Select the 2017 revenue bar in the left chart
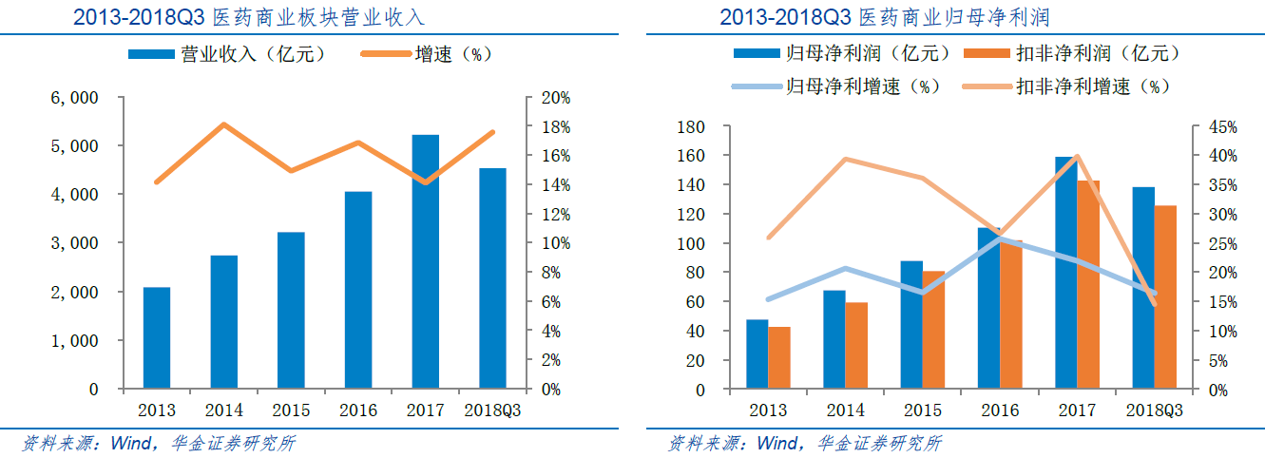[x=425, y=262]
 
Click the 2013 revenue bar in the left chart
[x=157, y=337]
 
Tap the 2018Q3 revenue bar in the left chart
[x=492, y=278]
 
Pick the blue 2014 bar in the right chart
[x=834, y=339]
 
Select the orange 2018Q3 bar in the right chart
[x=1165, y=297]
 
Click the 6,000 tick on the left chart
[x=79, y=98]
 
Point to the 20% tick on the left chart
[x=555, y=98]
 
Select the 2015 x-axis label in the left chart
[x=291, y=410]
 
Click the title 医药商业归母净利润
[x=960, y=17]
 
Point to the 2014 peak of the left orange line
[x=223, y=124]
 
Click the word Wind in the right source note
[x=778, y=443]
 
